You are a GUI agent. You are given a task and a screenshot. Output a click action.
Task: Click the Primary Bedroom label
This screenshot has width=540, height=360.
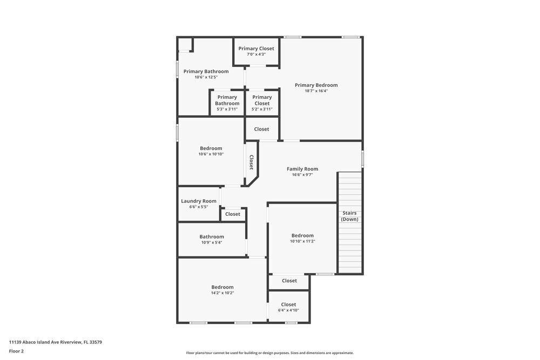pos(316,85)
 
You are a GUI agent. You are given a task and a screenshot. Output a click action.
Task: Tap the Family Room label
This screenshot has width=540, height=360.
pos(302,169)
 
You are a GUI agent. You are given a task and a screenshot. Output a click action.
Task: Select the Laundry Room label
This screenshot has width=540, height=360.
pos(199,201)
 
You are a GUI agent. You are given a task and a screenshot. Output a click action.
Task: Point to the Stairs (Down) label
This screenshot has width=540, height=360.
pos(349,216)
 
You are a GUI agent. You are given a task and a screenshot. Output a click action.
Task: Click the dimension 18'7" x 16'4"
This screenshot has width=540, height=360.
pos(316,91)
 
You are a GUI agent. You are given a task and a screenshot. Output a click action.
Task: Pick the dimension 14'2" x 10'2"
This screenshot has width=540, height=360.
pos(222,293)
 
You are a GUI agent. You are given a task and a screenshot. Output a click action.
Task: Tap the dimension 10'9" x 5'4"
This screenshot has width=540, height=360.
pos(211,242)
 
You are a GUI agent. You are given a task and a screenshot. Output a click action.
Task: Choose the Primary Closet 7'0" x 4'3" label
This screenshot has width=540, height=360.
pos(256,49)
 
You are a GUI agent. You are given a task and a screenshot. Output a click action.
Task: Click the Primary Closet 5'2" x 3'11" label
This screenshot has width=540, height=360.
pos(262,97)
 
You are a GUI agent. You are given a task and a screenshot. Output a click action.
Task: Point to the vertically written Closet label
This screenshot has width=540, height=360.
pos(251,162)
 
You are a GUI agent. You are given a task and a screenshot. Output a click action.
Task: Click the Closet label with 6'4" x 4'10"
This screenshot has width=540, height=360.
pos(288,304)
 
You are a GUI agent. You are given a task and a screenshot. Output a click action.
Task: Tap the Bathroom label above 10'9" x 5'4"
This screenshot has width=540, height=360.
pos(212,236)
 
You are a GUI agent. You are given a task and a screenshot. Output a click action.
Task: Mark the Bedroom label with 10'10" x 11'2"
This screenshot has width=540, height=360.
pos(302,235)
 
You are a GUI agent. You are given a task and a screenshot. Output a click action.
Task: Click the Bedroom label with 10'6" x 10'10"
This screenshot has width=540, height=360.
pos(211,148)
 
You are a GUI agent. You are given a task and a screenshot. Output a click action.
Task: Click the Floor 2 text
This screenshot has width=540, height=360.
pos(16,351)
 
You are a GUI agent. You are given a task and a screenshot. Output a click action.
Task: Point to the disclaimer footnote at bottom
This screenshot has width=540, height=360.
pos(270,353)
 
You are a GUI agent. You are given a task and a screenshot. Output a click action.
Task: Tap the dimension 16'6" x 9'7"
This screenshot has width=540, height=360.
pos(302,175)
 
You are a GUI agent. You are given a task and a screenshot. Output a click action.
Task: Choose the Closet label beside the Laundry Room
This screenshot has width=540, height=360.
pos(233,214)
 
